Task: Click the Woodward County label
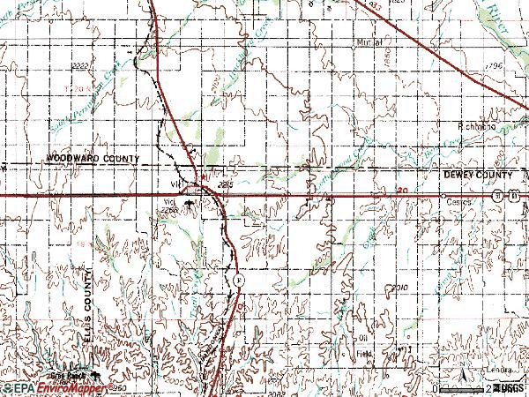pos(94,158)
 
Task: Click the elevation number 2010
pos(401,288)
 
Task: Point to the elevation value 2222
pos(81,66)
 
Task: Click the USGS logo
pos(509,388)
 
